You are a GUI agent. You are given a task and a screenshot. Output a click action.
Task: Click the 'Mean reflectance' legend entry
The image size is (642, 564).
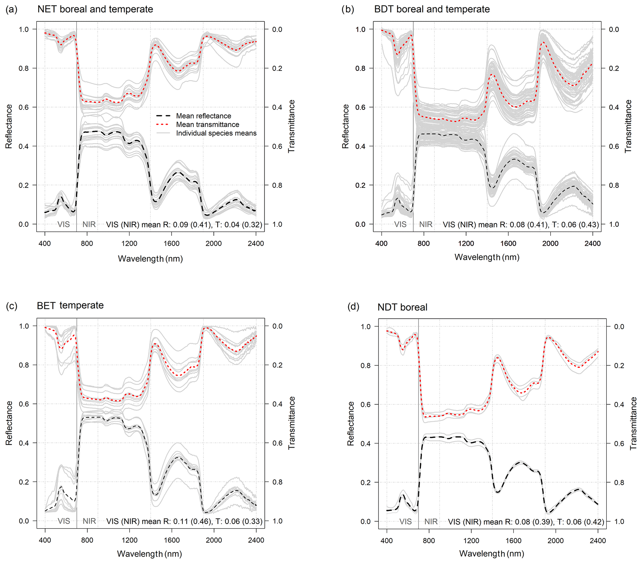(x=203, y=116)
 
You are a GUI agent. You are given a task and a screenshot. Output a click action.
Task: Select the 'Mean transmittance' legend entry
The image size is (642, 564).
(x=207, y=124)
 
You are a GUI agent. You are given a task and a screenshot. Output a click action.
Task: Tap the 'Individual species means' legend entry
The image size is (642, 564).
(x=216, y=133)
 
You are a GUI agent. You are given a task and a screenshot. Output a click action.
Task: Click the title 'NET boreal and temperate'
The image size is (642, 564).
(x=95, y=9)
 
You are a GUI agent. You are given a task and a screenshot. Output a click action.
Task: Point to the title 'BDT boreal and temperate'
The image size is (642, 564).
(x=432, y=9)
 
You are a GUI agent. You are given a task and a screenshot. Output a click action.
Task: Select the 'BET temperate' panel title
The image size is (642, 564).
(x=70, y=305)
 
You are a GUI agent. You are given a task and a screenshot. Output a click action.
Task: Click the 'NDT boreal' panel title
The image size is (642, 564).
(x=402, y=307)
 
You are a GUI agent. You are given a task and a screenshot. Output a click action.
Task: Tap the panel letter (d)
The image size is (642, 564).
(x=353, y=307)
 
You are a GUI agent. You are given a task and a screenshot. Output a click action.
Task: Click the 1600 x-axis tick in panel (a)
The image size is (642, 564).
(x=171, y=243)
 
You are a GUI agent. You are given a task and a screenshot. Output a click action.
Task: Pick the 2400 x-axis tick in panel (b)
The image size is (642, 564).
(x=592, y=243)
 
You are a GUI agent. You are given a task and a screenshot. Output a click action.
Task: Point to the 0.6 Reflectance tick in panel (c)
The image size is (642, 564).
(x=24, y=404)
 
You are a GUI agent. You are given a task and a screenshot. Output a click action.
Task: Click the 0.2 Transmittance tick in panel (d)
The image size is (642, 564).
(x=619, y=366)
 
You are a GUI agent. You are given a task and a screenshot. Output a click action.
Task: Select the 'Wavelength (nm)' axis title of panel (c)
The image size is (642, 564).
(x=149, y=554)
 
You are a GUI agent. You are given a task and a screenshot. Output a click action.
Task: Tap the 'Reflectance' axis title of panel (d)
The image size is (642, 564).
(x=351, y=424)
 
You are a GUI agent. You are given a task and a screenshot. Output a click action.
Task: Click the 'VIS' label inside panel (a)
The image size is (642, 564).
(x=63, y=224)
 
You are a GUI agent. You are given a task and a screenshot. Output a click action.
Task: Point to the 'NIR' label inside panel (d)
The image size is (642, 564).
(x=431, y=521)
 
